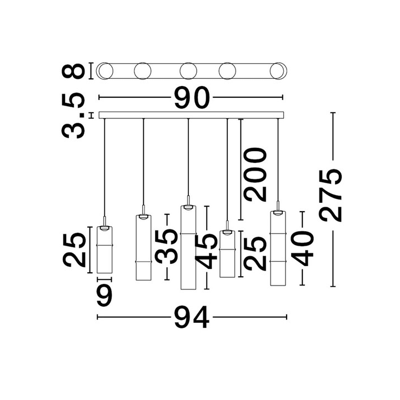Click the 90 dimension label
coord(192,97)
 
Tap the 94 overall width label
coord(192,317)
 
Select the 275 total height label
coord(331,196)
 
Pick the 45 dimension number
coord(206,252)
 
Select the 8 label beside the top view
coord(73,71)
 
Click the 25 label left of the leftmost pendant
coord(74,250)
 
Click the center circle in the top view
coord(188,71)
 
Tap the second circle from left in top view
coord(143,71)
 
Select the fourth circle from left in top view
coord(227,71)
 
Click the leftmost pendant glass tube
coord(104,250)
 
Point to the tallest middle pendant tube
coord(188,247)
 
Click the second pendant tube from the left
coord(143,248)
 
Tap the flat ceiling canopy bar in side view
coord(191,115)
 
